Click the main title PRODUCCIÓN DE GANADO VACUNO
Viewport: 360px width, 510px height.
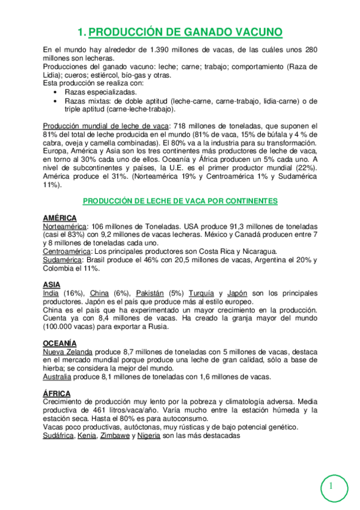(180, 32)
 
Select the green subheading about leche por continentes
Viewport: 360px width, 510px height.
(180, 200)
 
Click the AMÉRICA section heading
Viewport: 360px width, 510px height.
(59, 217)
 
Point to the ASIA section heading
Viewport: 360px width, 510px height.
(52, 284)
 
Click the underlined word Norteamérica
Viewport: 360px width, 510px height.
(65, 226)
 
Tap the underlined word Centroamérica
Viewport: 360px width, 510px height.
(67, 251)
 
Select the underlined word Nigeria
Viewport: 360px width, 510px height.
(148, 435)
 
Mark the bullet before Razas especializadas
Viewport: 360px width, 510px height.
(55, 93)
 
